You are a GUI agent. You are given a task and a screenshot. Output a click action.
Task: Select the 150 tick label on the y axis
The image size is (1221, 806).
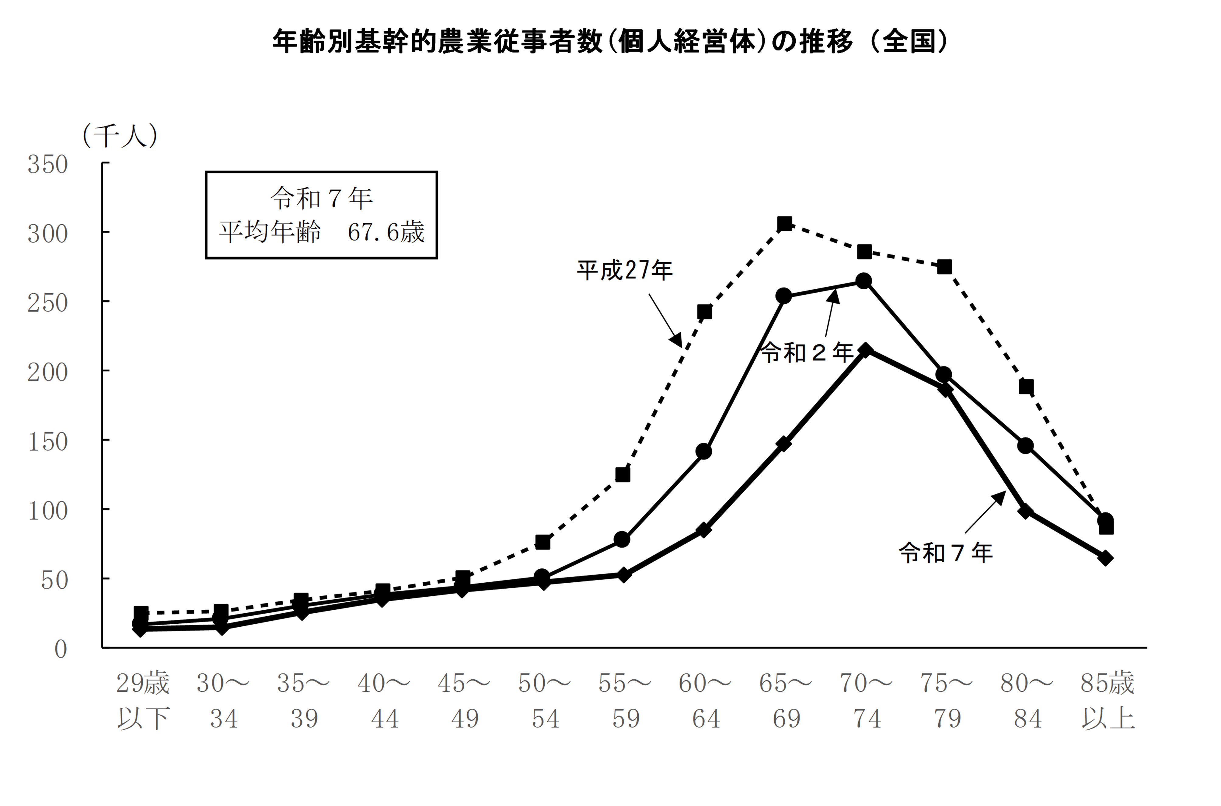47,442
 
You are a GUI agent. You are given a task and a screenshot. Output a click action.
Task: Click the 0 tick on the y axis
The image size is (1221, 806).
61,649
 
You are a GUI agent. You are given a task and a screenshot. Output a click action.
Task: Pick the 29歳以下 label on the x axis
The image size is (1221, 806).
142,700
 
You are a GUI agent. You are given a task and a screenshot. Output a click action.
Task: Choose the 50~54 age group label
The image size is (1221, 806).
544,700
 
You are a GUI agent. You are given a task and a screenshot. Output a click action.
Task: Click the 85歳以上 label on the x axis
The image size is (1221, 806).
1107,700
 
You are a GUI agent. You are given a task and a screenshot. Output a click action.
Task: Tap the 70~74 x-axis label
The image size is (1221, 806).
866,700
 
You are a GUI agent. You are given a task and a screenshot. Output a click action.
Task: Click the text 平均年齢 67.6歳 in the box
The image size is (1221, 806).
322,232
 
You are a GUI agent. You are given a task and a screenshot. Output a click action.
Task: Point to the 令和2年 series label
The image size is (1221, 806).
806,353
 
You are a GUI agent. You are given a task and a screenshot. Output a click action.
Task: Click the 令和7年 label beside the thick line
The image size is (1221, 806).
946,553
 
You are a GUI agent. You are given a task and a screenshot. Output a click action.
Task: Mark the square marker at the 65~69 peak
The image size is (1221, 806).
784,224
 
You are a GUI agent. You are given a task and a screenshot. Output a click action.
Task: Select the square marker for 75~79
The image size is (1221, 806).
944,267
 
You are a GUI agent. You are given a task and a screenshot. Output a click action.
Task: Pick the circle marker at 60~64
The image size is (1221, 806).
703,451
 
